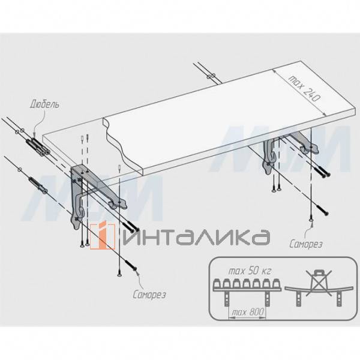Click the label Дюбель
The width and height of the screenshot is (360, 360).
click(x=44, y=104)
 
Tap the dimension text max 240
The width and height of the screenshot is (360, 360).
click(x=304, y=88)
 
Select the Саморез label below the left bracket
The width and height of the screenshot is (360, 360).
click(x=149, y=295)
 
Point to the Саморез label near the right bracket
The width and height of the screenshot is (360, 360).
click(x=306, y=244)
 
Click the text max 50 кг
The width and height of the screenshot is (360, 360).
click(x=250, y=271)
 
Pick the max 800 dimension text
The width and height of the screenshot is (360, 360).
click(x=248, y=313)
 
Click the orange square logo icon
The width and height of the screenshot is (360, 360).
click(x=103, y=236)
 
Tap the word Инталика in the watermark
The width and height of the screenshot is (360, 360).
click(x=196, y=237)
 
